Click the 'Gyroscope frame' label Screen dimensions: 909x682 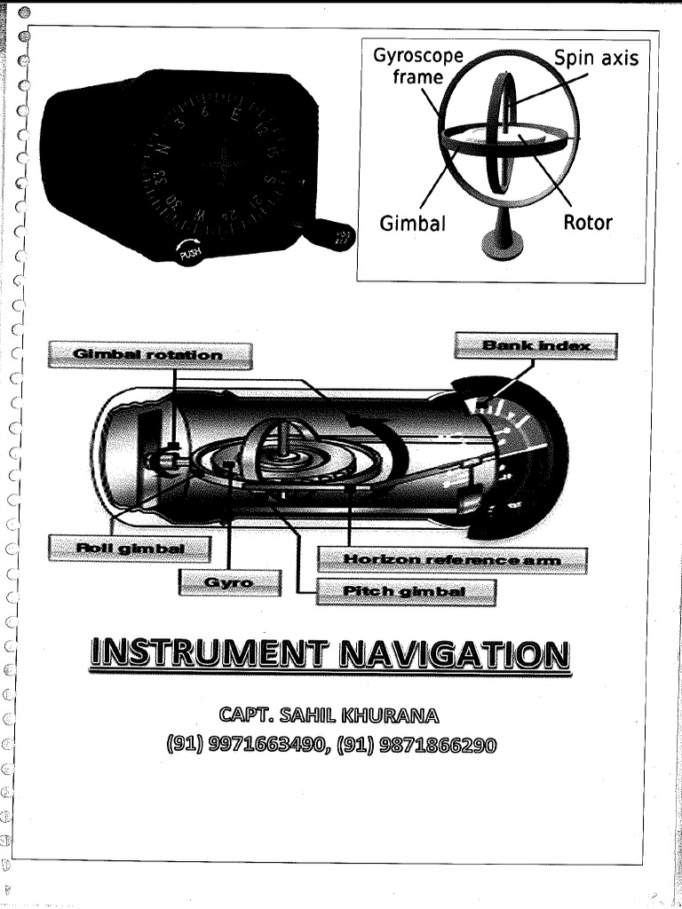(x=417, y=67)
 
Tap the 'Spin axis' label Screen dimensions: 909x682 (x=596, y=59)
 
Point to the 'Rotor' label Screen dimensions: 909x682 (x=588, y=222)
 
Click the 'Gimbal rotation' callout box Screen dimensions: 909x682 (x=149, y=355)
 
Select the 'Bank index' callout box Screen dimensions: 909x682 (x=535, y=344)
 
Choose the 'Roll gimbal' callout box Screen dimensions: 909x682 (x=131, y=548)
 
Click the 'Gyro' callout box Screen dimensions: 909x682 (x=230, y=582)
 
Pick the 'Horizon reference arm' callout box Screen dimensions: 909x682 (x=453, y=559)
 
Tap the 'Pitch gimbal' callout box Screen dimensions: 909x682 (x=407, y=591)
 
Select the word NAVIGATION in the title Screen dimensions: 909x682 (x=455, y=658)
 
